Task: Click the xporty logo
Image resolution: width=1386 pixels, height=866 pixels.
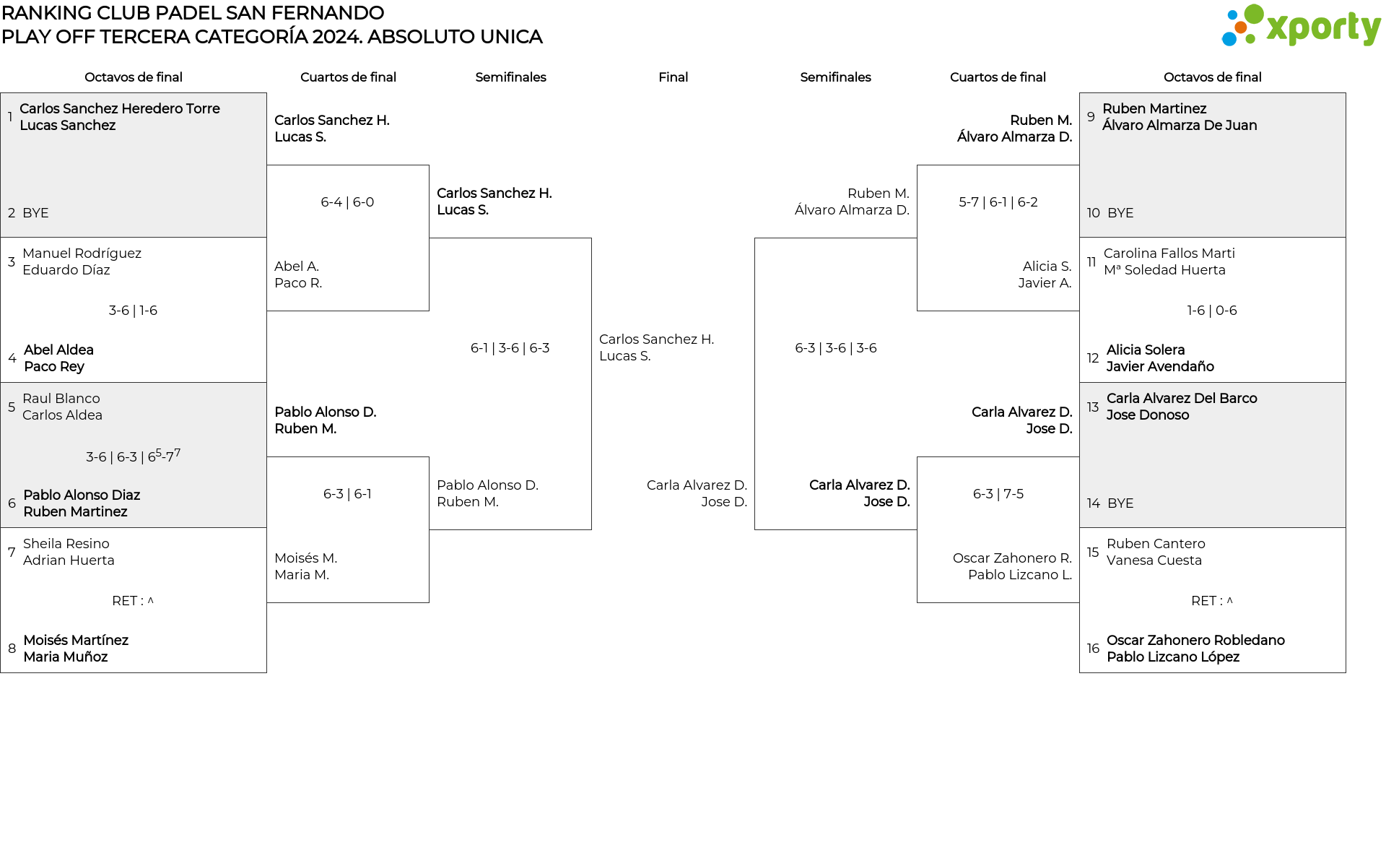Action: point(1301,26)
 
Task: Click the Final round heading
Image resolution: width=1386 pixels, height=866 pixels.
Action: point(673,77)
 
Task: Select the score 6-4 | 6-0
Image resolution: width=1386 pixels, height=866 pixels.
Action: point(347,202)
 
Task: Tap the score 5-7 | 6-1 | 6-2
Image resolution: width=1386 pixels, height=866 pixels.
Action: point(998,202)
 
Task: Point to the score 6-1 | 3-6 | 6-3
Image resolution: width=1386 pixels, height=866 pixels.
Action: point(510,348)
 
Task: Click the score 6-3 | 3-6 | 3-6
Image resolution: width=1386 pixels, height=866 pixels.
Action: point(835,348)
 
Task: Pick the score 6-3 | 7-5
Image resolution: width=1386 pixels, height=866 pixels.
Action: point(998,494)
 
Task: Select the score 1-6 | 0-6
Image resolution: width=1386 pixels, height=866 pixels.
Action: point(1211,311)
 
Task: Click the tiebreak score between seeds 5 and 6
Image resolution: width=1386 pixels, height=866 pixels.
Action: point(133,456)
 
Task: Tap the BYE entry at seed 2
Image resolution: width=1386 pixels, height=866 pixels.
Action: point(35,213)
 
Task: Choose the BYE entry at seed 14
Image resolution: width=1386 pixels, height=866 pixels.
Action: point(1120,503)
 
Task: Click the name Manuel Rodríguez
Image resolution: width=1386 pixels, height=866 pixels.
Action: point(82,254)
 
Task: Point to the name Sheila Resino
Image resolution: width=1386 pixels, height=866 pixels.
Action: point(66,544)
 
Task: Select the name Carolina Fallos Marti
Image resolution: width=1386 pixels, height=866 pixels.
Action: point(1169,254)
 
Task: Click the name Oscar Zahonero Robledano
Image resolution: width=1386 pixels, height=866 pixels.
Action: point(1195,641)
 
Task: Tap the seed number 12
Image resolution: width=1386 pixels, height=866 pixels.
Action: point(1093,358)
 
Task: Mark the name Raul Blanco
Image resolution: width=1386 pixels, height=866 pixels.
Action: point(61,399)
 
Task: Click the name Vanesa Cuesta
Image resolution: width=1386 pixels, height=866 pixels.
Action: point(1154,560)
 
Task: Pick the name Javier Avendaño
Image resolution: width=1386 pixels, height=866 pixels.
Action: point(1160,367)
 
